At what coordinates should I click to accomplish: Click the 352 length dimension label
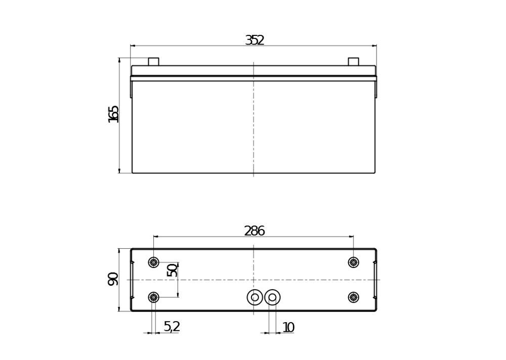pos(255,40)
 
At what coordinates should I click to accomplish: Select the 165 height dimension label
pos(113,114)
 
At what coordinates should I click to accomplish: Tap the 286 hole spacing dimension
pos(255,231)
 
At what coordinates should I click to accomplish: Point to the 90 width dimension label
pos(113,279)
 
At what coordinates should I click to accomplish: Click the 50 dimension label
pos(172,270)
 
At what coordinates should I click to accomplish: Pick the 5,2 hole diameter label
pos(172,327)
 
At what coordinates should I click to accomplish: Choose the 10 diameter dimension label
pos(288,328)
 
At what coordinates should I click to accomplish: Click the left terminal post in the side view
pos(154,62)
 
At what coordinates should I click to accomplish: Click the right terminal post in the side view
pos(353,62)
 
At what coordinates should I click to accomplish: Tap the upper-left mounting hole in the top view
pos(154,262)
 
